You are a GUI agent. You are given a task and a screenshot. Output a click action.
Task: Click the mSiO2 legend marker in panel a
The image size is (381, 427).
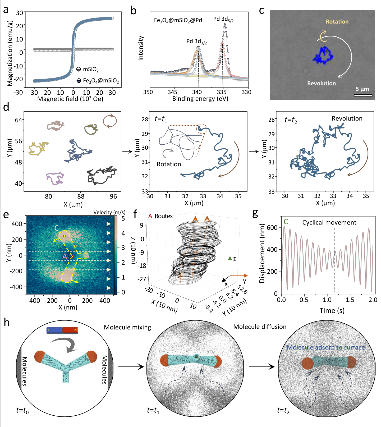(x=79, y=69)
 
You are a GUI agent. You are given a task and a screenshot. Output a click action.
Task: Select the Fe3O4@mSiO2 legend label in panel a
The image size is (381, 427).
(x=101, y=81)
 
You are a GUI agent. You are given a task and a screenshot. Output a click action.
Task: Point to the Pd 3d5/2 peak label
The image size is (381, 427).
(x=223, y=19)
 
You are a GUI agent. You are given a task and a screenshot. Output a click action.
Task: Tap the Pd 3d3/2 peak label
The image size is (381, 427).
(x=196, y=42)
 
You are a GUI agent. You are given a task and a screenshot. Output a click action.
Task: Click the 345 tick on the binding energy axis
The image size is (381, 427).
(x=172, y=92)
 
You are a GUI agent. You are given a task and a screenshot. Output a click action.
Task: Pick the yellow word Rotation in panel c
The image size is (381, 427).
(x=337, y=22)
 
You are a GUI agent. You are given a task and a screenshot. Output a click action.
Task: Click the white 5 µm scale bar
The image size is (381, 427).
(x=363, y=95)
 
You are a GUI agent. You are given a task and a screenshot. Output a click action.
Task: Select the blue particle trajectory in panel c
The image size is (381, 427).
(x=323, y=56)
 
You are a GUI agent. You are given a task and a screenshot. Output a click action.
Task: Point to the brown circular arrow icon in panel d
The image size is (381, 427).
(x=110, y=121)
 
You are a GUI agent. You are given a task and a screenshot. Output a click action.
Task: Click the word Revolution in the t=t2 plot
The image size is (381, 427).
(x=347, y=118)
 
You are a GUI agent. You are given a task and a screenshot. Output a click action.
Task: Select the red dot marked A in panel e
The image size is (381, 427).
(x=72, y=256)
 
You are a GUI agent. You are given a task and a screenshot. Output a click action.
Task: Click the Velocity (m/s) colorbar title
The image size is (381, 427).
(x=109, y=212)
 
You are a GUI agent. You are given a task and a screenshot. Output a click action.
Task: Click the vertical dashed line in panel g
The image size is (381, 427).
(x=335, y=259)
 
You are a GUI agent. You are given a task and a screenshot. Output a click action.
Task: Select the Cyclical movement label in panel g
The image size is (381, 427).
(x=329, y=223)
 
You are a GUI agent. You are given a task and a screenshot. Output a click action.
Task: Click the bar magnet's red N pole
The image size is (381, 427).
(x=70, y=330)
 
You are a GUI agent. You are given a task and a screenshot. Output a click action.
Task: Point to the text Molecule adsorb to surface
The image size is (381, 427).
(x=326, y=347)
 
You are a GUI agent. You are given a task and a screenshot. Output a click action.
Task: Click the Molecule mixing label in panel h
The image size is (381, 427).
(x=127, y=327)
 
